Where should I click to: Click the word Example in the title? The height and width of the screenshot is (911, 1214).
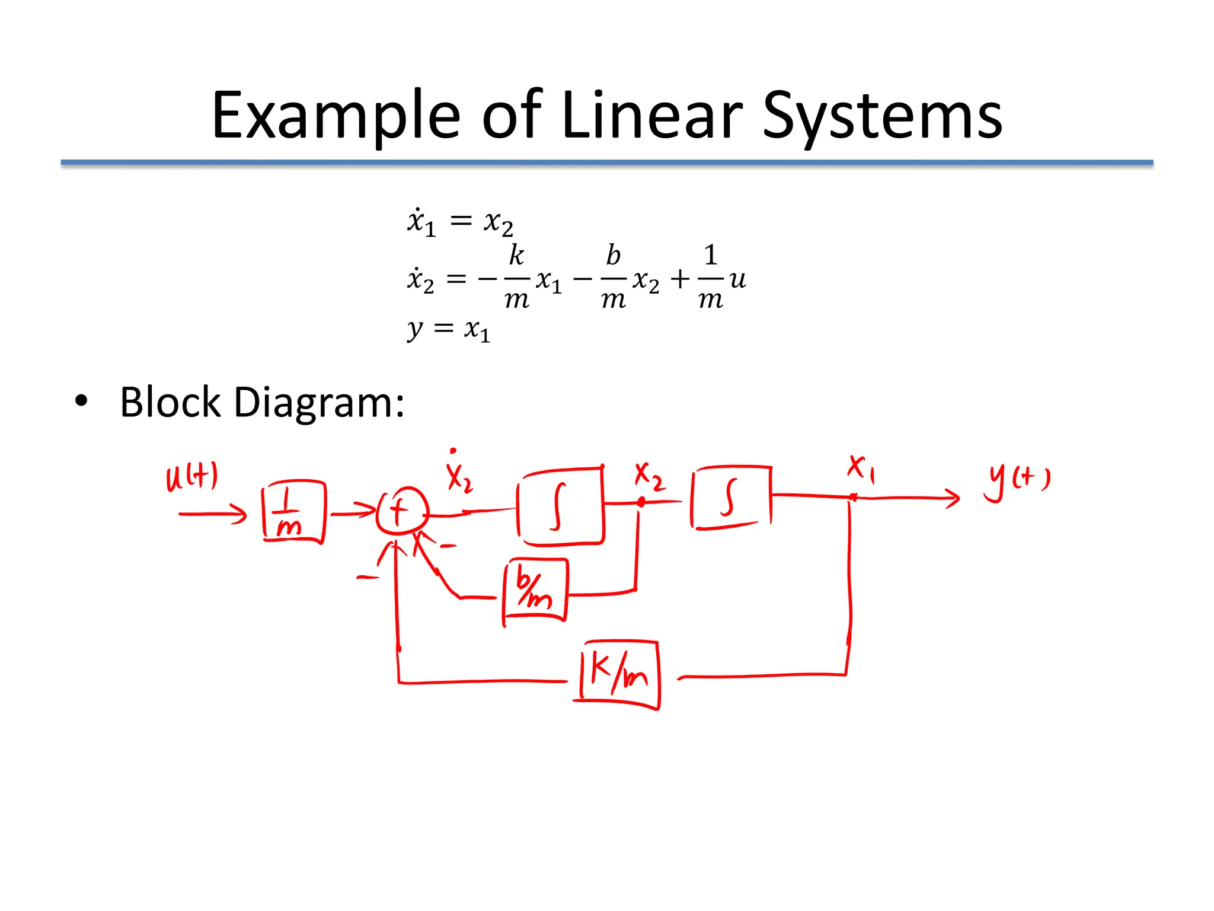[x=336, y=116]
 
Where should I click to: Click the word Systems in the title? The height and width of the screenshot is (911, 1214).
[x=881, y=116]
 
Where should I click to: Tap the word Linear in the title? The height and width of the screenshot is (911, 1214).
[x=651, y=115]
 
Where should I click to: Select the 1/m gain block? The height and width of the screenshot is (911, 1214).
[x=293, y=511]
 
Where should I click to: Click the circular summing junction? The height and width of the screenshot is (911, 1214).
[x=402, y=511]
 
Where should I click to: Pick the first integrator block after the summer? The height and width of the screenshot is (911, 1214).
[x=561, y=506]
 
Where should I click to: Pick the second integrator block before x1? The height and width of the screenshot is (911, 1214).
[x=731, y=497]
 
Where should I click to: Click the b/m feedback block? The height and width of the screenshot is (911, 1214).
[x=535, y=590]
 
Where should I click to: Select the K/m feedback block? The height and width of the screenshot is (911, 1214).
[x=619, y=674]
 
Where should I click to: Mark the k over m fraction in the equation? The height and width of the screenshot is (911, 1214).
[x=516, y=277]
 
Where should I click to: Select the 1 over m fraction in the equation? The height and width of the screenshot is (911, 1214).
[x=710, y=277]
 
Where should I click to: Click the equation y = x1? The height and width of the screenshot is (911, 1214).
[x=449, y=329]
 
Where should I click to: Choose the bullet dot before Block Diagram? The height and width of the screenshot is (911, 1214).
[x=81, y=402]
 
